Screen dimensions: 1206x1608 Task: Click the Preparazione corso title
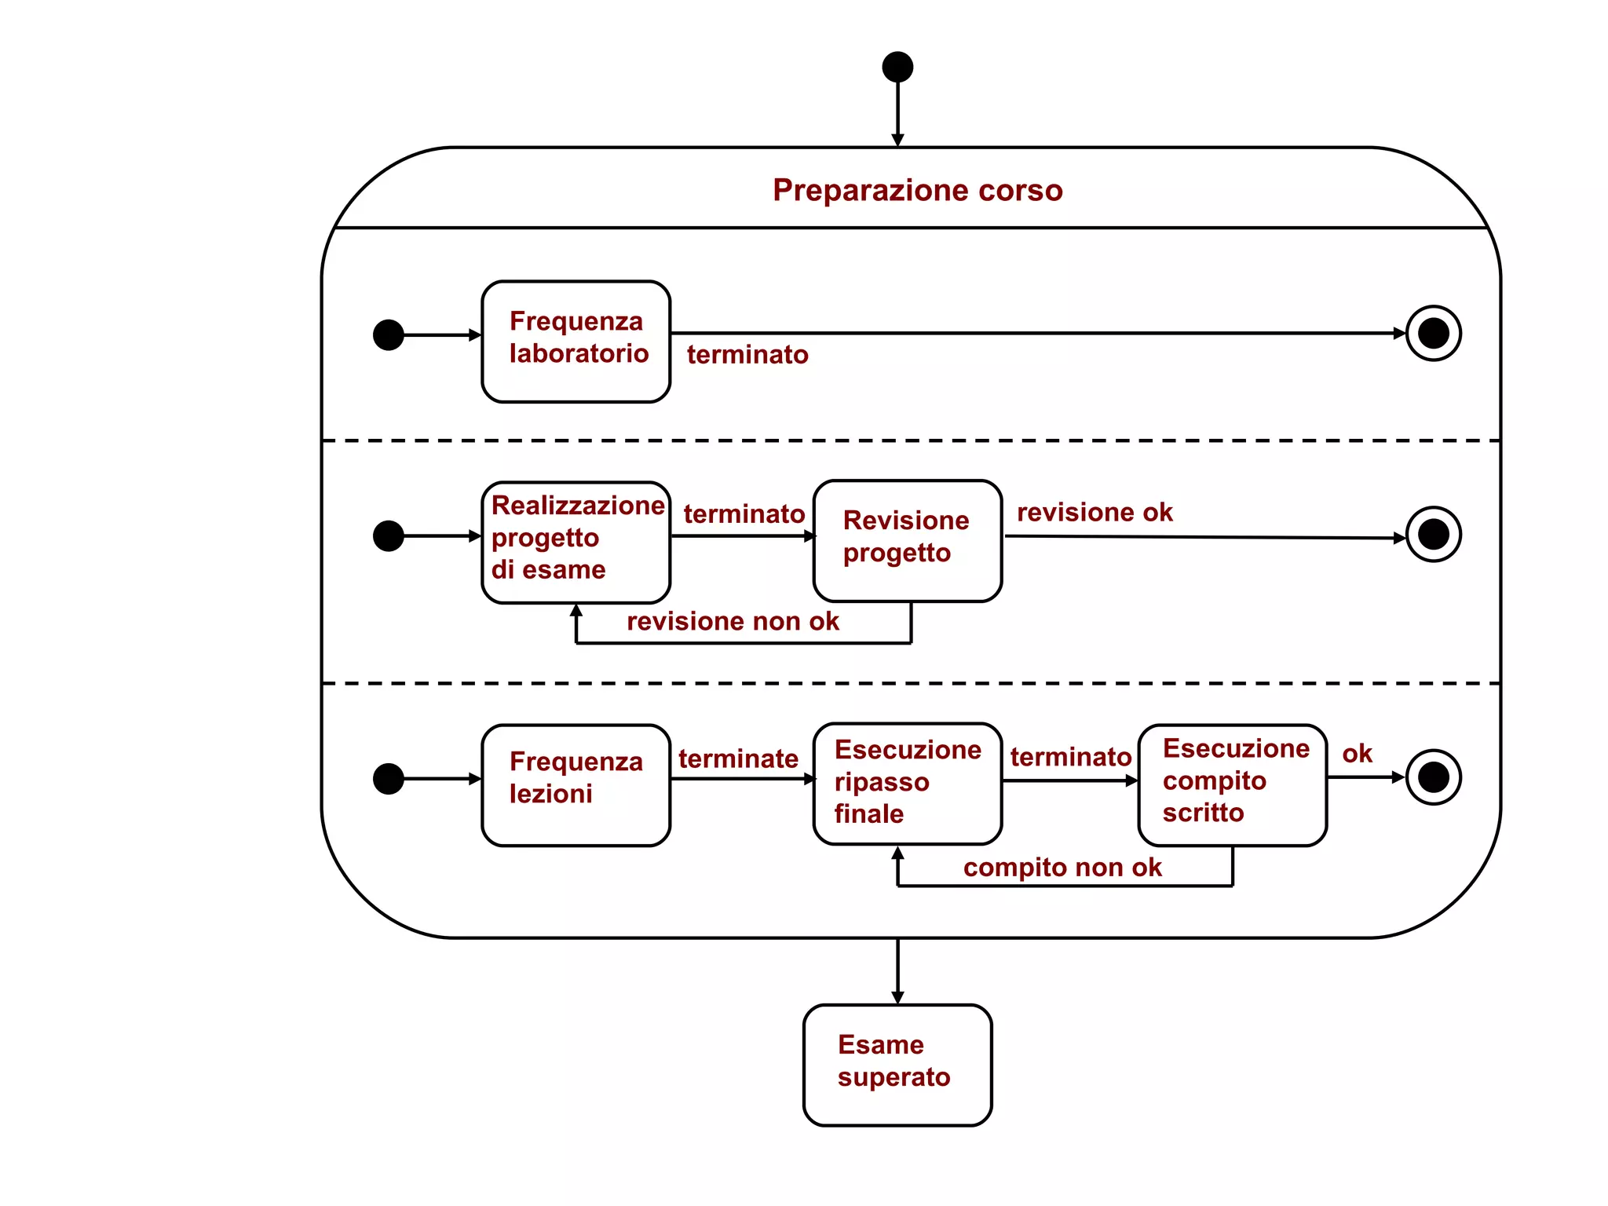917,190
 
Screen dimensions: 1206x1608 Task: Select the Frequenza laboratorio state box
576,342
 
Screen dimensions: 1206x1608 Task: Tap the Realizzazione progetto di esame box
576,542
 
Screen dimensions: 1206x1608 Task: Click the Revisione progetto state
907,540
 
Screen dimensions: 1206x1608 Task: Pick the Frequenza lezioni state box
576,784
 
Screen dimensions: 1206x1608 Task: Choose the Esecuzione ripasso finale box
907,783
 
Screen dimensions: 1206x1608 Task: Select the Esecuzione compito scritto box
1232,784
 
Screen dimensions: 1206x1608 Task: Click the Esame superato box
897,1064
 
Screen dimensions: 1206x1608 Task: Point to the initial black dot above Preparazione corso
897,67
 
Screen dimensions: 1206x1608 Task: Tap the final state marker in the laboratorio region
1433,333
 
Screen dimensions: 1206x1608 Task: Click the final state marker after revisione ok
1433,535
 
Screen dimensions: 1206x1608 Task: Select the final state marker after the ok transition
1433,777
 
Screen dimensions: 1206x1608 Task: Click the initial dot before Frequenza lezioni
389,778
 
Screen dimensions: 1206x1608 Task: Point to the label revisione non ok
733,621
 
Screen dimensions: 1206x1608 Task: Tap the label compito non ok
1062,867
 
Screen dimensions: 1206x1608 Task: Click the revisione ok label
1095,512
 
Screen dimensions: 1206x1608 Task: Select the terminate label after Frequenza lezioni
738,758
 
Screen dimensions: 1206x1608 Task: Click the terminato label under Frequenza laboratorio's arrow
747,354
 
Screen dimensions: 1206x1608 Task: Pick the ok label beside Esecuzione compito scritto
1357,753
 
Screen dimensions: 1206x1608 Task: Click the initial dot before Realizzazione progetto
389,535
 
